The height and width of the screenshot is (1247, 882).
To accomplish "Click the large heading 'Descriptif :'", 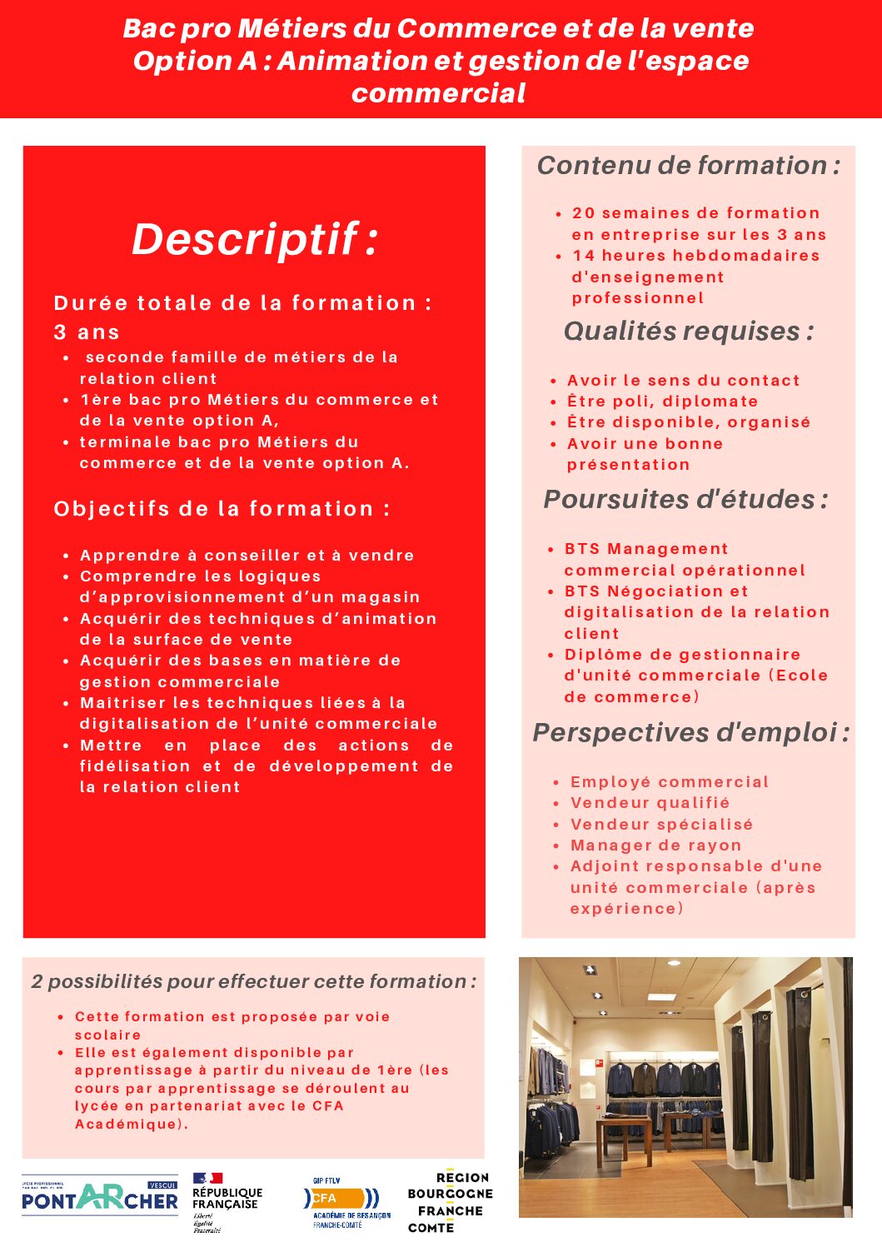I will [255, 240].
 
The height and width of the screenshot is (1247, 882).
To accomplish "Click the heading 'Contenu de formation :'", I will [688, 166].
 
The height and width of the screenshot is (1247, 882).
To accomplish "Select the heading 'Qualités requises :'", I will [688, 332].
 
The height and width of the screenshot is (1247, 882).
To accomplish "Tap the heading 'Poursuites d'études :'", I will [685, 500].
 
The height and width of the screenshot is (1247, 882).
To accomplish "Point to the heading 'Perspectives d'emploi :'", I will [690, 733].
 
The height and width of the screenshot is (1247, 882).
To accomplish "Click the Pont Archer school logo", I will [100, 1198].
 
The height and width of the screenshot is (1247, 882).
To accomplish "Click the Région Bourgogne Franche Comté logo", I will [450, 1202].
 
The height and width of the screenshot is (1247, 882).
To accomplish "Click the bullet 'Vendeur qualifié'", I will [650, 803].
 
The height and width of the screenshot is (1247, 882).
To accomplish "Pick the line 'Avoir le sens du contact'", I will [683, 381].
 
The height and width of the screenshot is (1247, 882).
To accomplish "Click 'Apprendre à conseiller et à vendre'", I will [247, 556].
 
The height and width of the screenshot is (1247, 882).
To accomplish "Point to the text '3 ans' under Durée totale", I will [87, 332].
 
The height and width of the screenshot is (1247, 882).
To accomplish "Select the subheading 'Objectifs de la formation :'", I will [222, 509].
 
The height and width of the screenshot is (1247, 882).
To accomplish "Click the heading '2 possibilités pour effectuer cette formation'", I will [253, 982].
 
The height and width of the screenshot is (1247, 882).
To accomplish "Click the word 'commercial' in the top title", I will [438, 93].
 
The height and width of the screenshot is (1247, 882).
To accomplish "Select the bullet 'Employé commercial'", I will [669, 782].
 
